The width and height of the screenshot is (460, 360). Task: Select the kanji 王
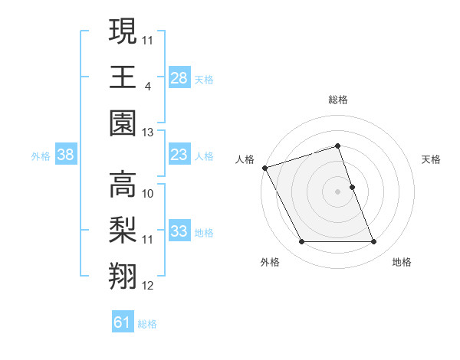[x=123, y=77]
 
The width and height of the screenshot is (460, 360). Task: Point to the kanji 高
[x=123, y=183]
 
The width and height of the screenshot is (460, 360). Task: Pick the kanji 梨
[x=123, y=230]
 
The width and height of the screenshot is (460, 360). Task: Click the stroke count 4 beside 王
[x=147, y=86]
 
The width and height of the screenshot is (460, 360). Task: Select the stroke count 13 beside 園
[x=148, y=133]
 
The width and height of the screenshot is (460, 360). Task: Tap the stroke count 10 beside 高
[x=148, y=193]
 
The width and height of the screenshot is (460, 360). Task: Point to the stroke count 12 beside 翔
[x=148, y=286]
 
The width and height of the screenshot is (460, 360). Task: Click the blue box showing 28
[x=179, y=78]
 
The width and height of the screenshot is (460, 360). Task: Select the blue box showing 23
[x=179, y=155]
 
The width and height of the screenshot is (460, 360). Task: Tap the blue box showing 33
[x=179, y=231]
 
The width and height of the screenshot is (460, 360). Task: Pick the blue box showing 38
[x=65, y=155]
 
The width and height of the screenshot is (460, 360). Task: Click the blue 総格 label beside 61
[x=147, y=324]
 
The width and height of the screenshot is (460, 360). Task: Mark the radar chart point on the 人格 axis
[x=264, y=168]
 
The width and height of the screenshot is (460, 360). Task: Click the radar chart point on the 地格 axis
[x=374, y=242]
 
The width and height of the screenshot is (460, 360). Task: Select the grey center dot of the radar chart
[x=337, y=191]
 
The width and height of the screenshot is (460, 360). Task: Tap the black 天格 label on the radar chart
[x=431, y=159]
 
